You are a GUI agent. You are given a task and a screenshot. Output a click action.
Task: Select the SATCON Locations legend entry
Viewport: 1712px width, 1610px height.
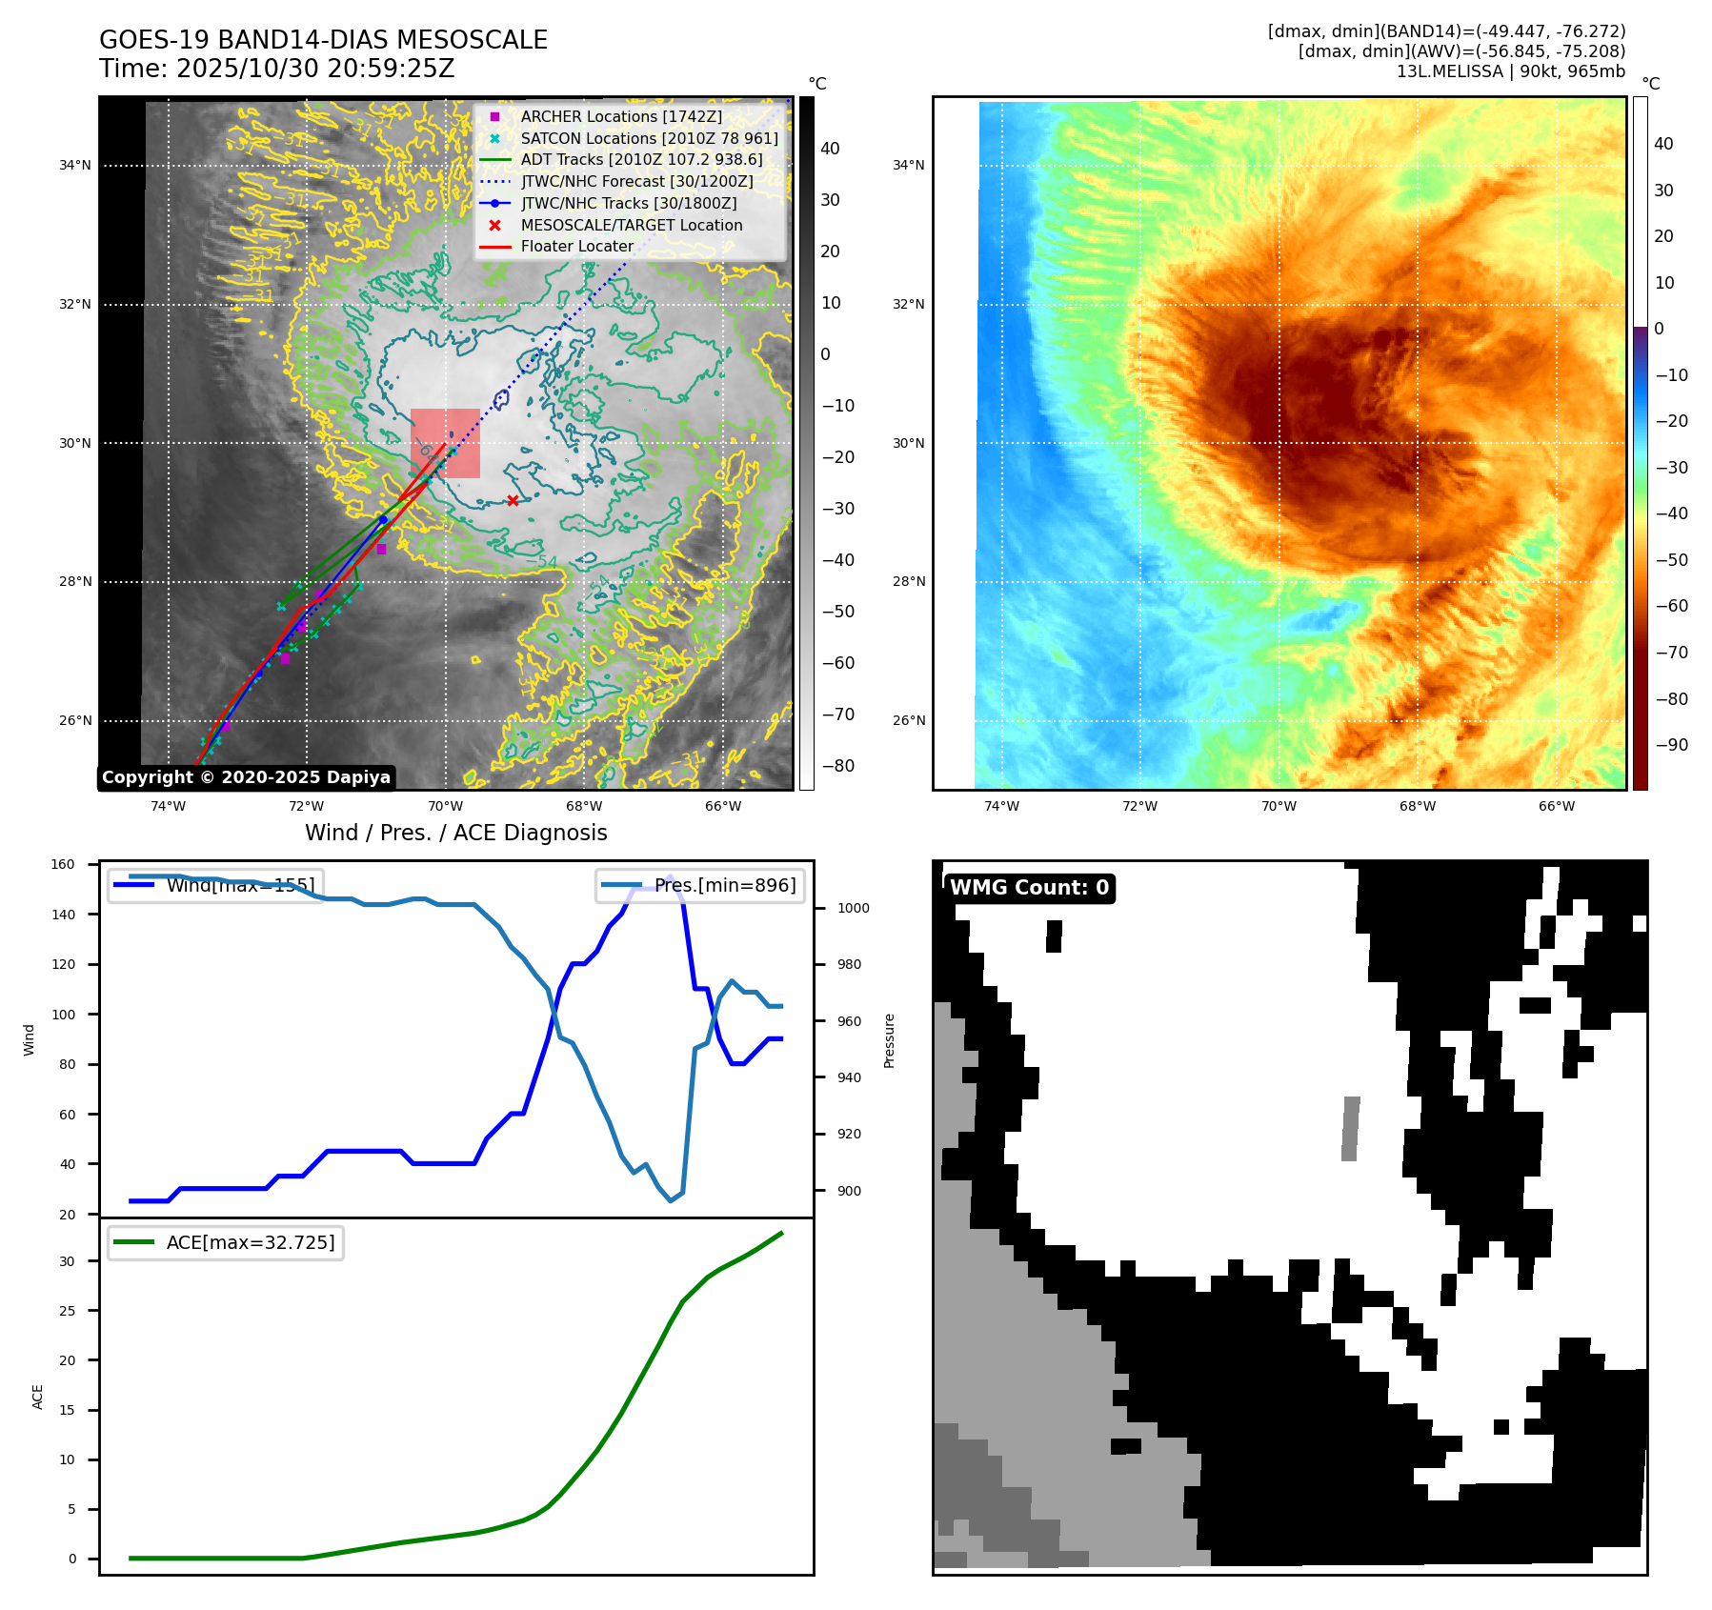pos(649,138)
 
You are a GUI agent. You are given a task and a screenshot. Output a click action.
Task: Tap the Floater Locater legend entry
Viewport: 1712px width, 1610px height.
pos(576,246)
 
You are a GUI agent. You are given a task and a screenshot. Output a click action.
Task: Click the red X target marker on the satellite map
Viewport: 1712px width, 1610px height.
pos(513,500)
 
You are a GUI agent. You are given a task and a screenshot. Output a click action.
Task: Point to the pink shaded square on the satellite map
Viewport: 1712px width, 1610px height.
pos(445,443)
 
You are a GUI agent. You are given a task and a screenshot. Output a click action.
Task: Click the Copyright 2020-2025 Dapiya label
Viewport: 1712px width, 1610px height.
pos(246,777)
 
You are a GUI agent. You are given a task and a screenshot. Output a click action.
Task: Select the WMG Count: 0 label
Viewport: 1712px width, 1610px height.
pos(1029,888)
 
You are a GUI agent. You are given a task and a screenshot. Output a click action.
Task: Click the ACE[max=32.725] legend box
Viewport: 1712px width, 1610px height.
pos(227,1242)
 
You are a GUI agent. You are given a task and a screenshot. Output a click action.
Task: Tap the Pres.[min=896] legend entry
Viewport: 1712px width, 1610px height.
pos(700,885)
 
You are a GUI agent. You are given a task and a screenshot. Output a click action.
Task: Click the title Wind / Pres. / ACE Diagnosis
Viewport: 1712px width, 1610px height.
pos(455,833)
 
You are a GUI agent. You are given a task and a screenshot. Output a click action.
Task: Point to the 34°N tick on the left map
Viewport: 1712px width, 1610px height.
pos(75,166)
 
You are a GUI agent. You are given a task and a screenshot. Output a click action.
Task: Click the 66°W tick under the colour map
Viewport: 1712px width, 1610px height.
pos(1557,807)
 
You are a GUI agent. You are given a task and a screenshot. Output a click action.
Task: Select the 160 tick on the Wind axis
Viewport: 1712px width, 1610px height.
pos(63,865)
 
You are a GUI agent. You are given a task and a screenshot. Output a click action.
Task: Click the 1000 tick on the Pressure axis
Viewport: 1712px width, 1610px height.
pos(853,909)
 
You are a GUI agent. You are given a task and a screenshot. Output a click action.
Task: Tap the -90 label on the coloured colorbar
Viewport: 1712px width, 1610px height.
pos(1671,745)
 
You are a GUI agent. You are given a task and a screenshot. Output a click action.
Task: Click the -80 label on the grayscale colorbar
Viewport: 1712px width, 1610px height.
pos(838,766)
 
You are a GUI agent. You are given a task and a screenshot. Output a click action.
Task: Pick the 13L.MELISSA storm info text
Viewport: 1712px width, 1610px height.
pos(1510,71)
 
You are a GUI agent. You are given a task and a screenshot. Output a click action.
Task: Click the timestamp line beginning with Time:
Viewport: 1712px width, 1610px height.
pos(276,69)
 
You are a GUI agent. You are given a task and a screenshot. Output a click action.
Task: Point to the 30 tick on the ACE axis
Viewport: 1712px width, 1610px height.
pos(67,1261)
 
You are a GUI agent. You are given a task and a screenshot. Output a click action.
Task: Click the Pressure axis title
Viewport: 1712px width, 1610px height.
pos(889,1040)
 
